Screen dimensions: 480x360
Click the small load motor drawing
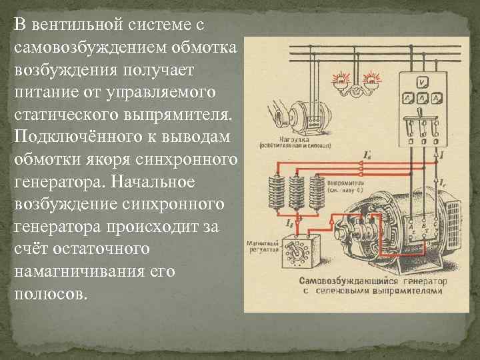289,113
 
